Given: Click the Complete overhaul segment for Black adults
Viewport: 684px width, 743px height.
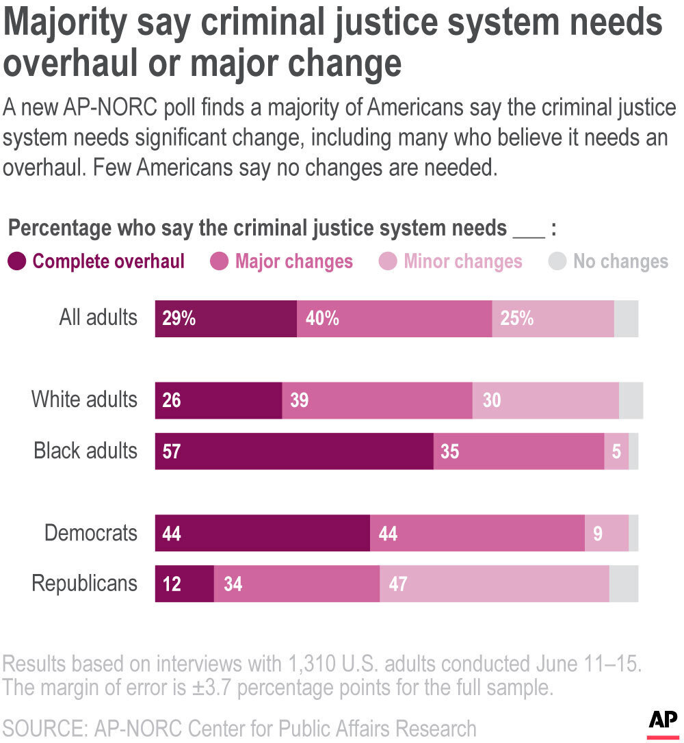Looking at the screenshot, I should point(294,451).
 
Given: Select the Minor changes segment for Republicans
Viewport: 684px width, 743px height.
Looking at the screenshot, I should point(494,584).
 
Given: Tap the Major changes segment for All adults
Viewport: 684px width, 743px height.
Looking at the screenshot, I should point(394,319).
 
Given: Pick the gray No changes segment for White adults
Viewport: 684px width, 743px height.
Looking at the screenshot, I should point(631,400).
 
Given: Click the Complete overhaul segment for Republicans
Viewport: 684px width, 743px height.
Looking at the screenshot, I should point(184,584).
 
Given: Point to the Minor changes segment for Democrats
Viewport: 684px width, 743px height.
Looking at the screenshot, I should point(606,533).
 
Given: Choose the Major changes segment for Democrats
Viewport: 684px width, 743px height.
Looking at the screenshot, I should point(477,533).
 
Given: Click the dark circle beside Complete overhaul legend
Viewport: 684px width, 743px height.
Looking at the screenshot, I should point(18,261).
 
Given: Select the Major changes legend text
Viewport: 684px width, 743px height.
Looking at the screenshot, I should point(294,261).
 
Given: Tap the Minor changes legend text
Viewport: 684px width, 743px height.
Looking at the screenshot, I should point(463,261).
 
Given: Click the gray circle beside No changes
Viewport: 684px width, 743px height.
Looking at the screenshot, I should point(557,261).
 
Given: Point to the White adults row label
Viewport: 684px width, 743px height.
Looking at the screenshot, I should point(84,400).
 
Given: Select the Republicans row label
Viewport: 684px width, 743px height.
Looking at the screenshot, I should point(84,584).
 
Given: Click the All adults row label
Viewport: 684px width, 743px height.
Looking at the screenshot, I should point(98,318).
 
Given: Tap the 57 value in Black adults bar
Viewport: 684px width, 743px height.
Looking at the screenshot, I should point(172,451).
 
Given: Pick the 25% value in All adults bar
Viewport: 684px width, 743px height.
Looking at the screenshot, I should point(517,319).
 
